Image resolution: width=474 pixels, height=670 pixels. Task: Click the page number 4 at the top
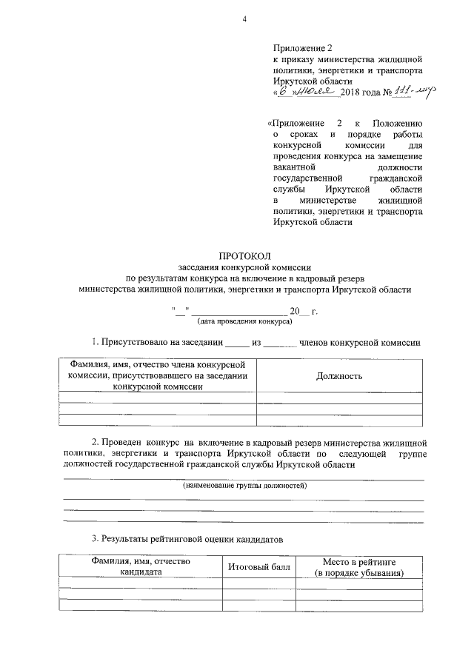pos(244,19)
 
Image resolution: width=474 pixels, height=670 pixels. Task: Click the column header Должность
pos(339,376)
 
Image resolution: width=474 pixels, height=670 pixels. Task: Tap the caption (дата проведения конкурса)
pos(244,321)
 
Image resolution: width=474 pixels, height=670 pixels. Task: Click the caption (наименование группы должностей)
pos(244,486)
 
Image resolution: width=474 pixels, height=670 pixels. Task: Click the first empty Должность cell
pos(339,398)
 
